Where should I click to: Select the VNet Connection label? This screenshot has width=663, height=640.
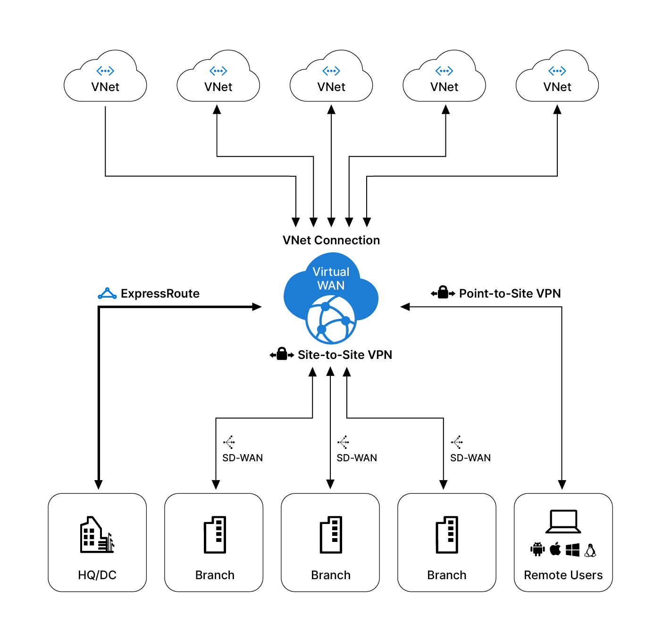(331, 240)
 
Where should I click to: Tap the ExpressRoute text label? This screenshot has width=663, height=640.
(160, 293)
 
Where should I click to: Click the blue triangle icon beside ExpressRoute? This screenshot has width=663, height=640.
(107, 293)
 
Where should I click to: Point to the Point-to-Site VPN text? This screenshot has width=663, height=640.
(510, 293)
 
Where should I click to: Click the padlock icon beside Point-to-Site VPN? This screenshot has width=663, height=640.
(443, 293)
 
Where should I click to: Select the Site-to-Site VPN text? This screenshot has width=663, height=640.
(344, 355)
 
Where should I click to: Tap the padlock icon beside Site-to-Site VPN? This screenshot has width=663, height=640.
(282, 354)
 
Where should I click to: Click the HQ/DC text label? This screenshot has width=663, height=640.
(97, 575)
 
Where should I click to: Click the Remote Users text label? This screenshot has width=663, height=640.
(563, 575)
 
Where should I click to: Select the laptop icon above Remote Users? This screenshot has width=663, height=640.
(562, 522)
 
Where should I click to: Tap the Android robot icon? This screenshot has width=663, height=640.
(537, 549)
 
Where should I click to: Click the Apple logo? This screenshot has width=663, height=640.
(555, 549)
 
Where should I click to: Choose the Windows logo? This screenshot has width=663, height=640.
(572, 549)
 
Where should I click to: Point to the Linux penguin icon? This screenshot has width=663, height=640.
(590, 550)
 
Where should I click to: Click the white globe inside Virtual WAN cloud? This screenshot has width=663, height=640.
(331, 320)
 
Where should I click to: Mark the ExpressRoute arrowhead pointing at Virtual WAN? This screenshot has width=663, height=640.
(257, 307)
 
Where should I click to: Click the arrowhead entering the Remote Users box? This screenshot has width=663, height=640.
(562, 485)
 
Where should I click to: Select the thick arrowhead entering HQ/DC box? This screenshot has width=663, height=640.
(99, 485)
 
